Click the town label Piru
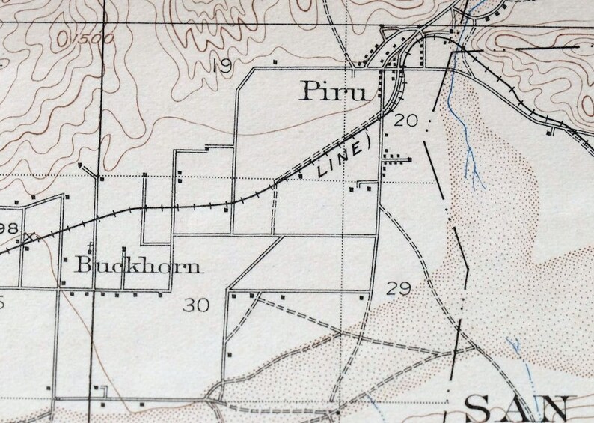click(335, 91)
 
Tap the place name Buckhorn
click(138, 265)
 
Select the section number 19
click(221, 66)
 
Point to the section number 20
click(404, 120)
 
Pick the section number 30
click(196, 304)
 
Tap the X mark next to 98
click(29, 237)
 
